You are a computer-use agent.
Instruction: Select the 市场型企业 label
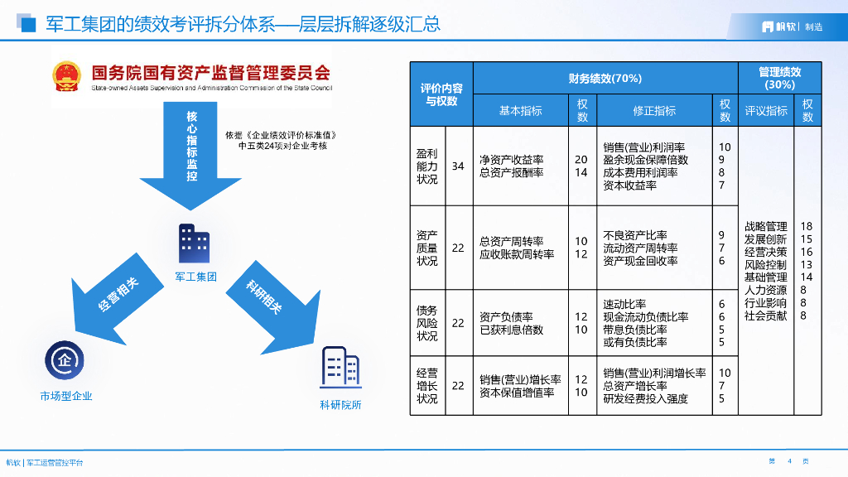[66, 396]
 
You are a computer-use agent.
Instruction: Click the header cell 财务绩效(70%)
[605, 79]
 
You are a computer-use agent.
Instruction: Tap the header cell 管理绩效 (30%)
[779, 79]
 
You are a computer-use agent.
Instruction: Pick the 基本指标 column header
[520, 110]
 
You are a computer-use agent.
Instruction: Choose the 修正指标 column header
[654, 110]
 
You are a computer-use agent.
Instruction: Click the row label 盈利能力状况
[427, 166]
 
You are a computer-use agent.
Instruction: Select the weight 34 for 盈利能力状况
[458, 166]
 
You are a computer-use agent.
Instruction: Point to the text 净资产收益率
[511, 160]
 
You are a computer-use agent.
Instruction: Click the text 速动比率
[624, 304]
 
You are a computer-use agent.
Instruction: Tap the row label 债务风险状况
[427, 323]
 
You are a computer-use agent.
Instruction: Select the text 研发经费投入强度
[645, 398]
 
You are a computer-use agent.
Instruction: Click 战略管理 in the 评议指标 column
[765, 226]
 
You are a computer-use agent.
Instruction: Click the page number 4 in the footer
[789, 461]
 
